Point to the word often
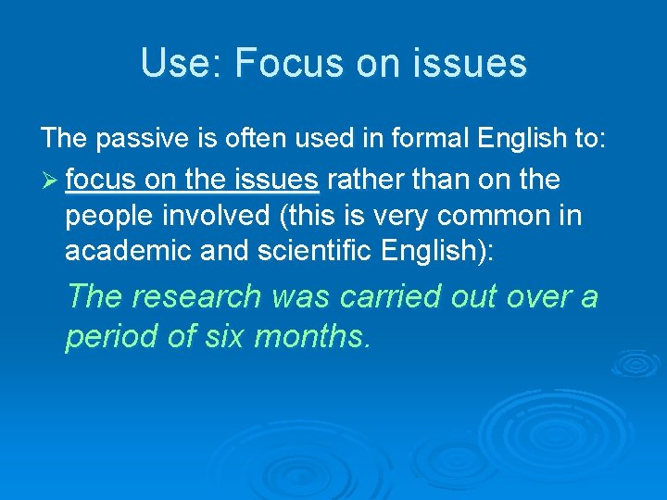251,139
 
